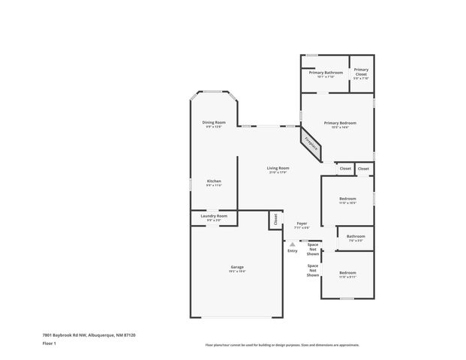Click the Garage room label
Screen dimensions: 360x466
tap(237, 268)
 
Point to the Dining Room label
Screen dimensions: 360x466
tap(214, 122)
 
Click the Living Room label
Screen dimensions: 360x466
tap(278, 168)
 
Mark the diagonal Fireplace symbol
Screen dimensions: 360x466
tap(310, 142)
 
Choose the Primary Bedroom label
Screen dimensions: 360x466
tap(337, 123)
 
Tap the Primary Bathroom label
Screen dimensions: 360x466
tap(326, 73)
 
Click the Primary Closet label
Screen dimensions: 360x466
tap(361, 72)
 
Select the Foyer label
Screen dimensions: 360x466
tap(302, 223)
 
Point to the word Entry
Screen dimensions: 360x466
tap(293, 250)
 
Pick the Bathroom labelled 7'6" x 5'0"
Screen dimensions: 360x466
tap(356, 237)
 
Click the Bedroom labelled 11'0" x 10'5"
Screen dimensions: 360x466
tap(347, 199)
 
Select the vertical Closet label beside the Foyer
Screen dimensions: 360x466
tap(275, 220)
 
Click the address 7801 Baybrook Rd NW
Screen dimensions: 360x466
tap(94, 334)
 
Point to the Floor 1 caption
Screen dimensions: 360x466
tap(53, 345)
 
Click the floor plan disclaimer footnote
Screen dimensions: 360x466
tap(282, 345)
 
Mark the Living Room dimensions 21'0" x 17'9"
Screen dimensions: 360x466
tap(278, 172)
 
